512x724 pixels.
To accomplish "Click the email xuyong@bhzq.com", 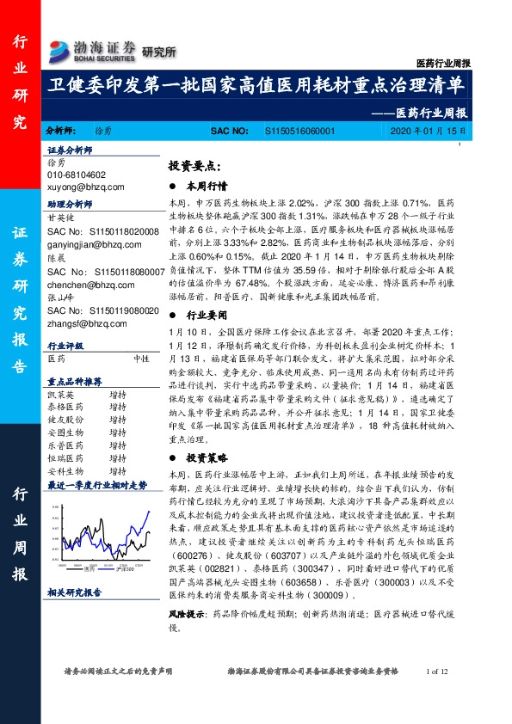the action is (85, 186).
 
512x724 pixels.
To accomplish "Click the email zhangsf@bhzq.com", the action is (85, 322).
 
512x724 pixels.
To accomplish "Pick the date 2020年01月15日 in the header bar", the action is (427, 130).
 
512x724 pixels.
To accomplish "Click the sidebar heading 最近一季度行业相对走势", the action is (92, 484).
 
